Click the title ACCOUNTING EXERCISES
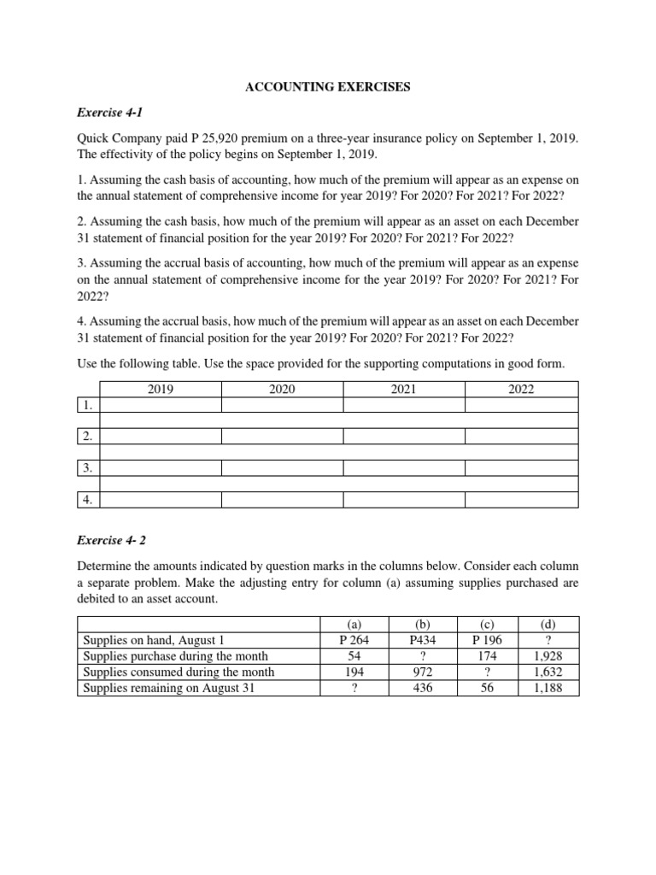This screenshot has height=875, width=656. pyautogui.click(x=329, y=87)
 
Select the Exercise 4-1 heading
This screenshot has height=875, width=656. pyautogui.click(x=106, y=112)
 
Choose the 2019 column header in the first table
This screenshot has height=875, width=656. pyautogui.click(x=161, y=390)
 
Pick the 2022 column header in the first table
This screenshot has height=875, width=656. pyautogui.click(x=520, y=390)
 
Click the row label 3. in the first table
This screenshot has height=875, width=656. pyautogui.click(x=88, y=468)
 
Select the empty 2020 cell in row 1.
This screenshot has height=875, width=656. pyautogui.click(x=282, y=406)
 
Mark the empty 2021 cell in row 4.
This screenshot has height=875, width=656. pyautogui.click(x=403, y=500)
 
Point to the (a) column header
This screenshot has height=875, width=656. pyautogui.click(x=354, y=624)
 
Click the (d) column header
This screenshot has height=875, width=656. pyautogui.click(x=548, y=624)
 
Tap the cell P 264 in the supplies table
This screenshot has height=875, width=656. pyautogui.click(x=354, y=640)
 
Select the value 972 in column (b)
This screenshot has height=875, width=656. pyautogui.click(x=422, y=672)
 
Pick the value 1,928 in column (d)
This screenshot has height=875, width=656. pyautogui.click(x=548, y=655)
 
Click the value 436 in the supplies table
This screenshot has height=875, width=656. pyautogui.click(x=422, y=687)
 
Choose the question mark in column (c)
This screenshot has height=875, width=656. pyautogui.click(x=486, y=672)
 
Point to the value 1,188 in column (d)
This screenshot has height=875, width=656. pyautogui.click(x=548, y=687)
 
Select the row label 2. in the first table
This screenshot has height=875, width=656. pyautogui.click(x=88, y=437)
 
